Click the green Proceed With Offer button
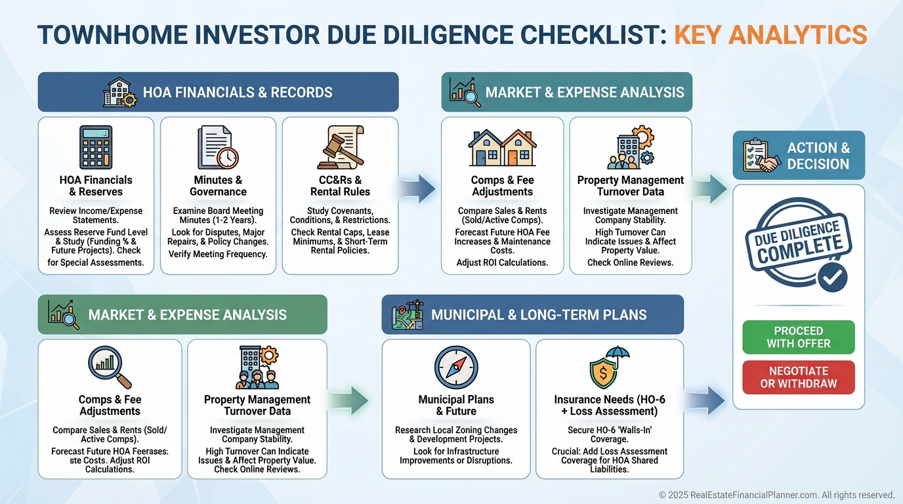click(x=798, y=337)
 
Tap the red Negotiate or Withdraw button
click(x=798, y=377)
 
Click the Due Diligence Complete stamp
click(x=798, y=245)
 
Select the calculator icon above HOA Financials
click(x=96, y=147)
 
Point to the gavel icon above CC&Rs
click(x=341, y=147)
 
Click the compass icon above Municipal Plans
click(x=456, y=367)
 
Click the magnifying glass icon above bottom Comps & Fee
click(x=110, y=367)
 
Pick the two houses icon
click(x=502, y=148)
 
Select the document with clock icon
click(x=218, y=147)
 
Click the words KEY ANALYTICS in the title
click(x=770, y=35)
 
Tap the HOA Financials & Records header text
click(x=238, y=93)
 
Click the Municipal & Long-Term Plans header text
click(x=539, y=314)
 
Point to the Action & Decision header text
click(x=818, y=156)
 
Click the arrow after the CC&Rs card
click(x=417, y=188)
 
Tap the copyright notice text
click(x=776, y=495)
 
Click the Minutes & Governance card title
click(x=218, y=186)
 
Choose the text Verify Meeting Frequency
click(x=218, y=254)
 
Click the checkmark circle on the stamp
click(x=832, y=277)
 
